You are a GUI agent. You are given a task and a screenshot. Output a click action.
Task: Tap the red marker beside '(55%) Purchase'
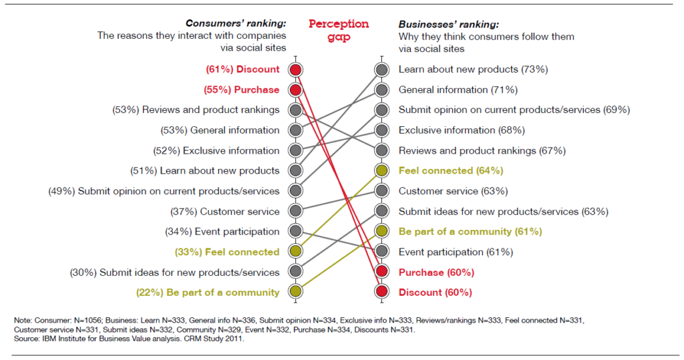pyautogui.click(x=295, y=90)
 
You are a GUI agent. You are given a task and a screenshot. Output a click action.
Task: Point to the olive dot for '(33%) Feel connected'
pyautogui.click(x=295, y=252)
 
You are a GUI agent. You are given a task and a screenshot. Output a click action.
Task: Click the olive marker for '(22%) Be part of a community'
pyautogui.click(x=295, y=293)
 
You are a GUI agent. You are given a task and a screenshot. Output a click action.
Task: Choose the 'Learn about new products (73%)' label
pyautogui.click(x=473, y=69)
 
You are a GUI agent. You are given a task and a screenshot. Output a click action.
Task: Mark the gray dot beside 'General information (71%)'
pyautogui.click(x=381, y=90)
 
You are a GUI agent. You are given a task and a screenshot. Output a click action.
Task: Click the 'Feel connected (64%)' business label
pyautogui.click(x=451, y=170)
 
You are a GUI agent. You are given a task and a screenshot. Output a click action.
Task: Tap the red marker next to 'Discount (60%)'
pyautogui.click(x=381, y=293)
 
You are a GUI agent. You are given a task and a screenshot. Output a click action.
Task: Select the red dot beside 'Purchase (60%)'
pyautogui.click(x=381, y=272)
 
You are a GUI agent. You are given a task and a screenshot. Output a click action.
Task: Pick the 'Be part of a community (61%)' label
pyautogui.click(x=470, y=232)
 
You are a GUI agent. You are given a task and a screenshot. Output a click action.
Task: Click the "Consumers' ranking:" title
pyautogui.click(x=236, y=23)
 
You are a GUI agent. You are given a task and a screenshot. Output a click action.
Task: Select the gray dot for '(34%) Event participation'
pyautogui.click(x=295, y=232)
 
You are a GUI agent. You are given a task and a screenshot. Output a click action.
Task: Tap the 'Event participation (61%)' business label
pyautogui.click(x=456, y=252)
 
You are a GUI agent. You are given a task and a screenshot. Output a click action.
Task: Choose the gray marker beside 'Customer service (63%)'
pyautogui.click(x=381, y=191)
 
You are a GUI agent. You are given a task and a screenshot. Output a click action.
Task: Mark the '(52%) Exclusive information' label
pyautogui.click(x=220, y=150)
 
